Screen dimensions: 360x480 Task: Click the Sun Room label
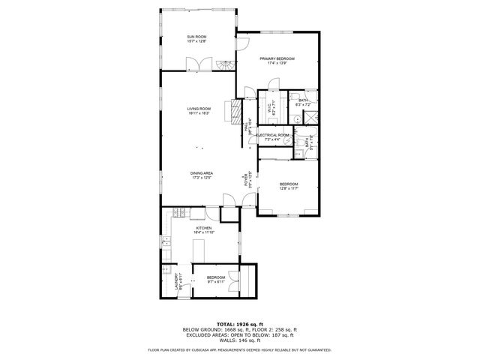[x=197, y=37]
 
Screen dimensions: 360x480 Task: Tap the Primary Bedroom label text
[x=277, y=58]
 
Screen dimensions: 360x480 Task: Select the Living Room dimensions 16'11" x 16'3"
[x=198, y=113]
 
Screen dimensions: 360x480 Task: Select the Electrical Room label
[x=272, y=135]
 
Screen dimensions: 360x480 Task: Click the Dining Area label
[x=202, y=173]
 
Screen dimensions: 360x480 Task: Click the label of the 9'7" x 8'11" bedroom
[x=216, y=277]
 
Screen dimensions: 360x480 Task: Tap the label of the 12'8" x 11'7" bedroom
[x=289, y=184]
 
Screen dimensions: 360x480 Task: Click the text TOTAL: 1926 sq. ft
[x=239, y=324]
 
